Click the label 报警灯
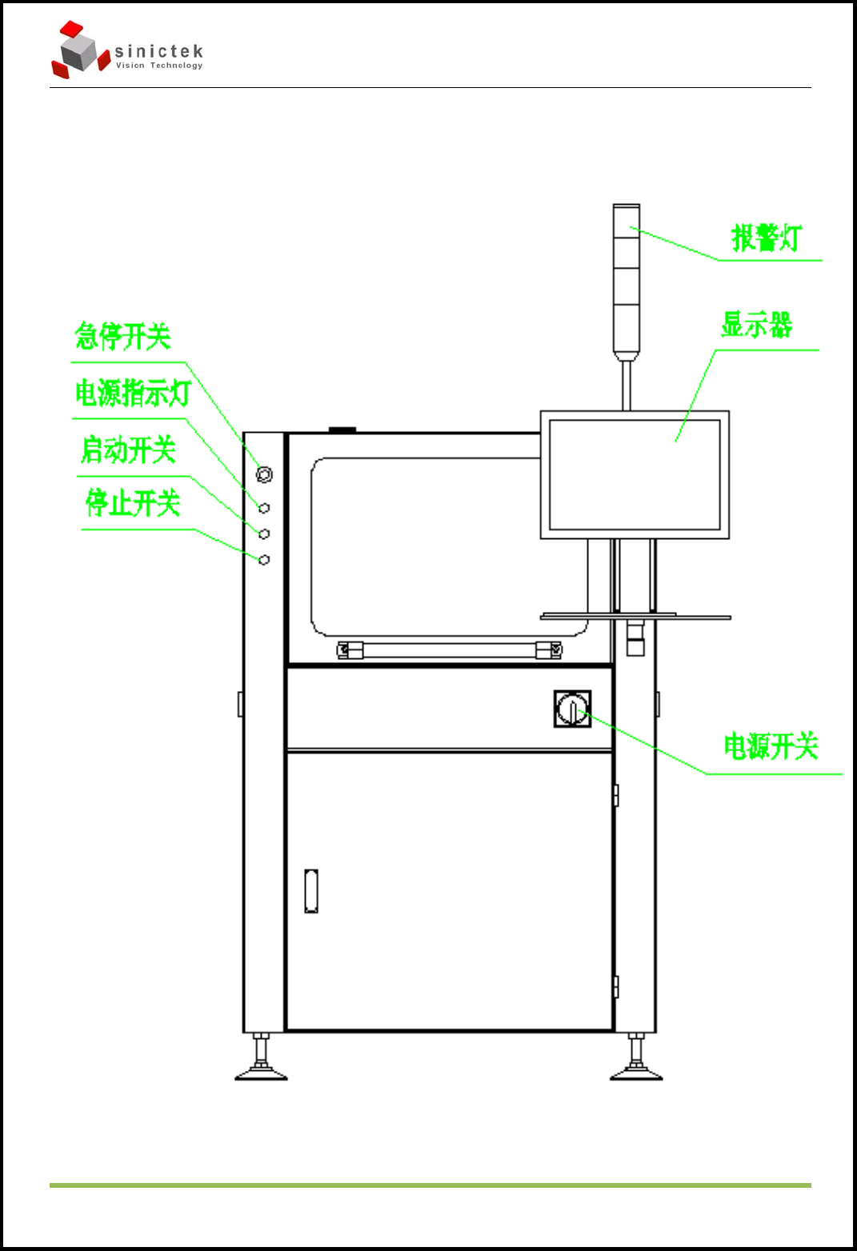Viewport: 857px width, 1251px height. [766, 238]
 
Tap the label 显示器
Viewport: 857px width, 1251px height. [756, 325]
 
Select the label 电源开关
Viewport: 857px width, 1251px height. [771, 745]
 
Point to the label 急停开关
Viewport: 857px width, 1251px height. [123, 336]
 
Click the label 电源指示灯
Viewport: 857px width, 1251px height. [133, 393]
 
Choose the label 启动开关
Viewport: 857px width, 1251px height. [128, 450]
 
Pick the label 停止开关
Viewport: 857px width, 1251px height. [133, 503]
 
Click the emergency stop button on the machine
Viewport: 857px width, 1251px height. [264, 474]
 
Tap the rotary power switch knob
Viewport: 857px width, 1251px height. [572, 709]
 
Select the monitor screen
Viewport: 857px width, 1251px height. [635, 474]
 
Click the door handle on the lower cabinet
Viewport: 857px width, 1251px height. [311, 891]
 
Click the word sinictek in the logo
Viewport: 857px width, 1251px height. [158, 51]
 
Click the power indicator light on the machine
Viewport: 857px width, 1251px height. [264, 508]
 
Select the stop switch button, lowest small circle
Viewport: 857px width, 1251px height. [264, 560]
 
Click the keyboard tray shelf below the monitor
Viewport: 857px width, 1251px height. [635, 617]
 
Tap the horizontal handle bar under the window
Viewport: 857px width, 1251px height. [449, 649]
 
